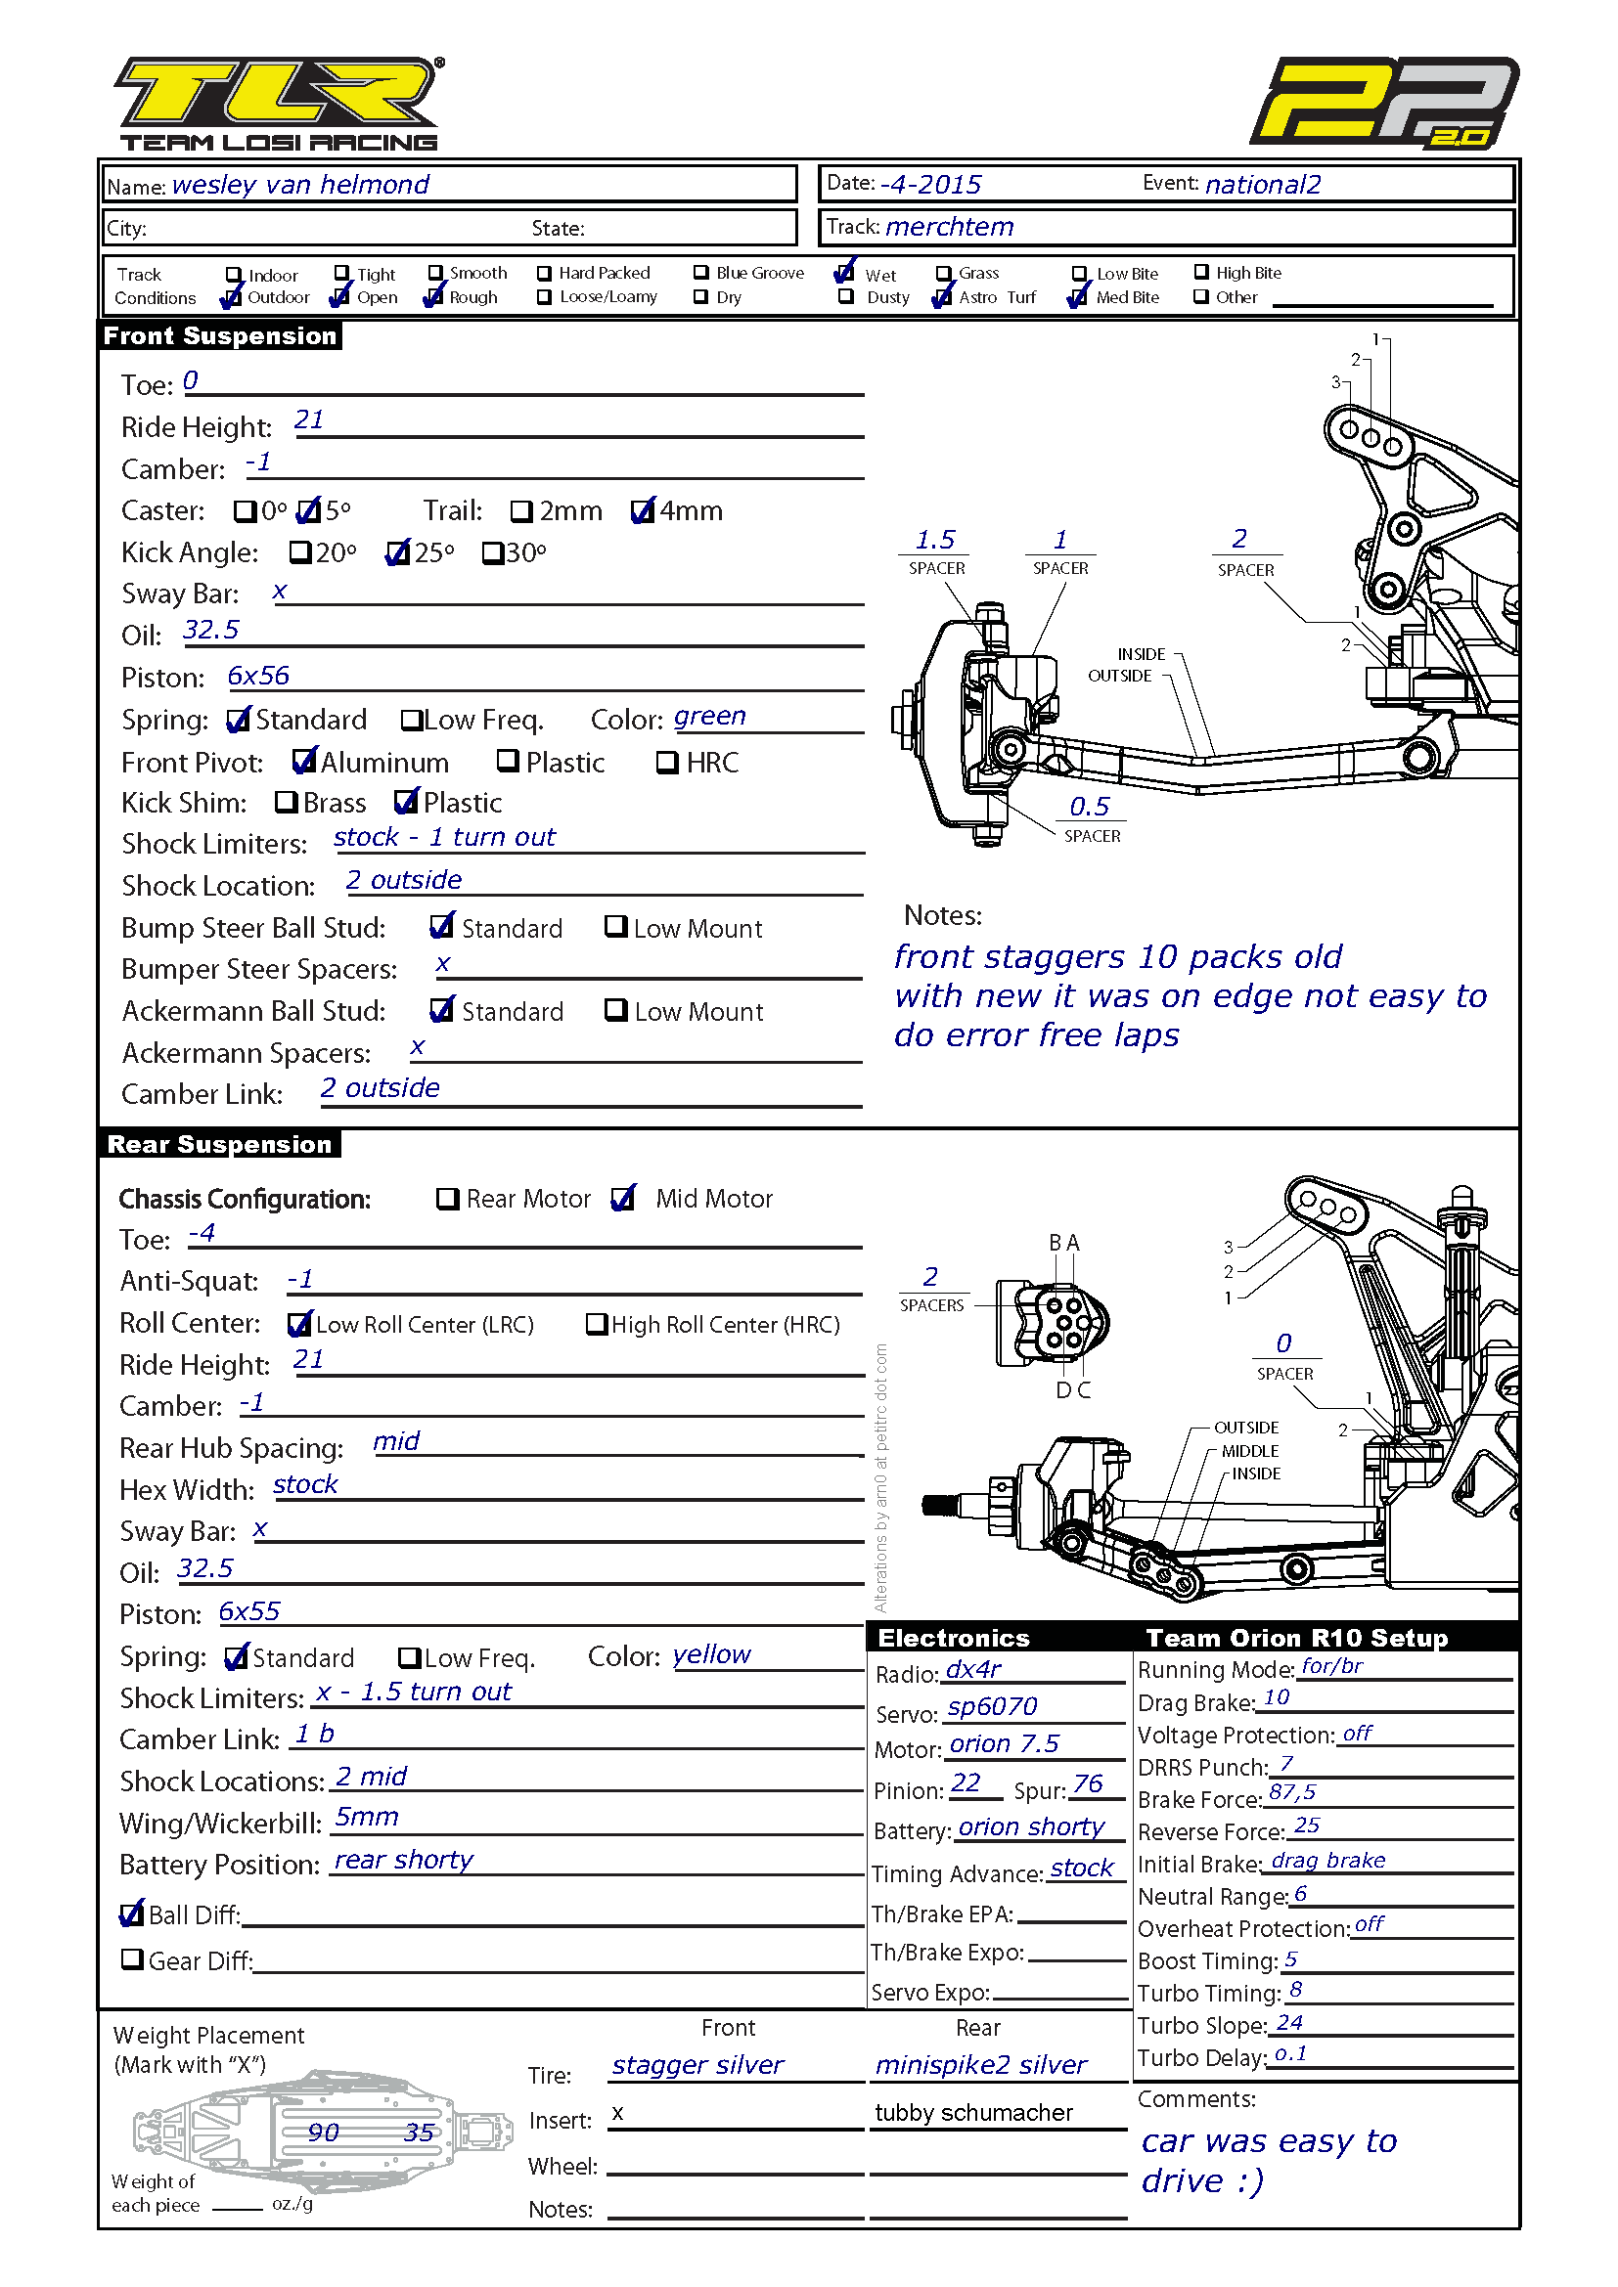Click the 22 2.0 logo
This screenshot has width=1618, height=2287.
click(x=1384, y=103)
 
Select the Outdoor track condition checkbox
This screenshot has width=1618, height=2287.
click(x=232, y=297)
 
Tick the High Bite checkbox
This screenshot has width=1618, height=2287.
click(x=1201, y=272)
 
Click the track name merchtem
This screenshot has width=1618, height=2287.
click(x=950, y=227)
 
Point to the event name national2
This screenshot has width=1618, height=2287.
click(x=1263, y=184)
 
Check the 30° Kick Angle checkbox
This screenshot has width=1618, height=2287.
click(x=492, y=552)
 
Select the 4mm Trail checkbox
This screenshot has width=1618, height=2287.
click(x=643, y=511)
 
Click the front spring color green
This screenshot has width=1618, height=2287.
click(x=709, y=716)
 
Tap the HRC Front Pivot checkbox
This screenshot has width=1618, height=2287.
click(x=666, y=763)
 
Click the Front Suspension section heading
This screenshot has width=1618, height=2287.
click(x=220, y=335)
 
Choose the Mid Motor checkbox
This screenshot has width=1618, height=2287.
click(x=623, y=1199)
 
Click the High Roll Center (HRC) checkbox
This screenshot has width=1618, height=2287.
click(x=596, y=1324)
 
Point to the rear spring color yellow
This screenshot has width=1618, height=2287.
click(x=711, y=1654)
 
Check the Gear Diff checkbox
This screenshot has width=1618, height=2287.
click(x=131, y=1959)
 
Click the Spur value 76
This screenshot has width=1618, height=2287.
click(x=1088, y=1783)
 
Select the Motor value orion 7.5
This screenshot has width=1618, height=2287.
click(x=1005, y=1743)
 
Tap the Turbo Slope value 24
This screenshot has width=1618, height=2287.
click(x=1289, y=2022)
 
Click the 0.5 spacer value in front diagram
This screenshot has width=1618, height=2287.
click(x=1089, y=807)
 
